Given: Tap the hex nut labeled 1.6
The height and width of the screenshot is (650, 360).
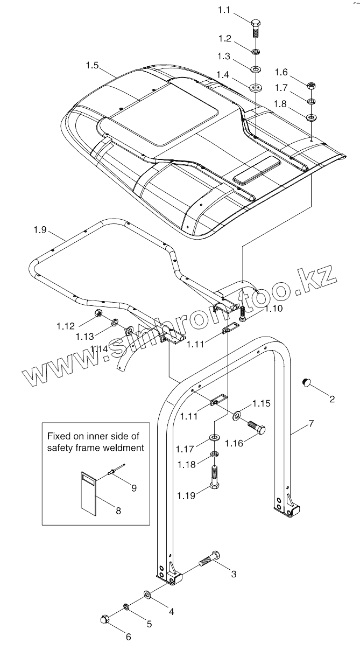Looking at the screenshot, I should coord(311,86).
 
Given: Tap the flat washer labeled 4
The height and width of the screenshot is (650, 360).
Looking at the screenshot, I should coord(147,595).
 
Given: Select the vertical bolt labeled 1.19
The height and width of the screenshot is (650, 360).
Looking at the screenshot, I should coord(215,477).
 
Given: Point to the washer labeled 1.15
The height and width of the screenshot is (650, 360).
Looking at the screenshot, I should coord(237,415).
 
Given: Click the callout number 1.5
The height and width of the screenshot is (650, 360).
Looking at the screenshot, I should coord(92,65).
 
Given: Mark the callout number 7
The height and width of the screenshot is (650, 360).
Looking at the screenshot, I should coord(310,424).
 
